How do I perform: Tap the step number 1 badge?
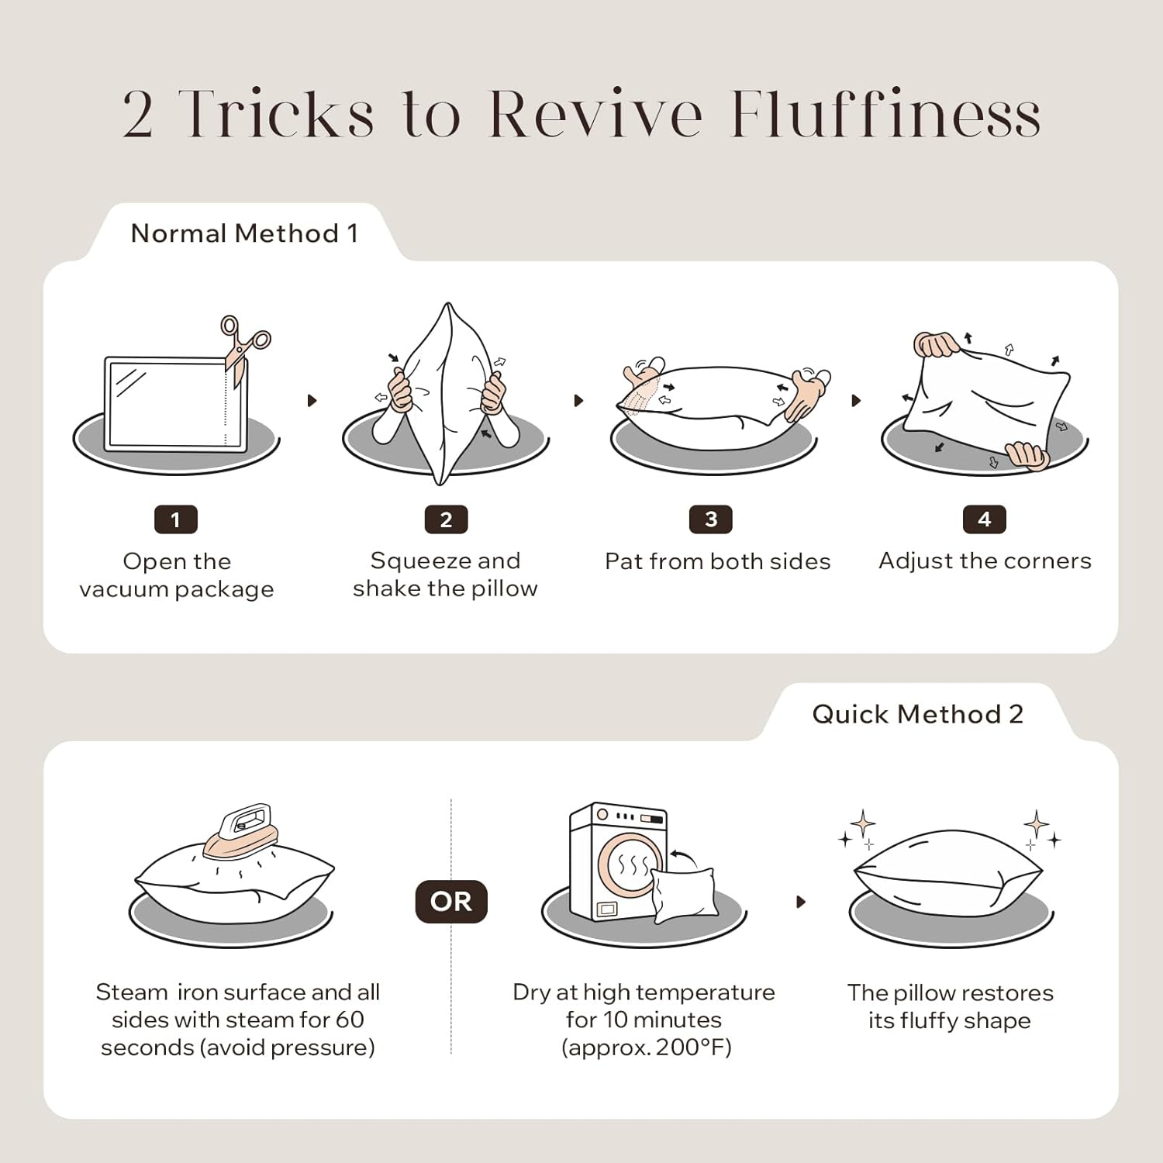[176, 519]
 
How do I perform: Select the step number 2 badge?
[446, 519]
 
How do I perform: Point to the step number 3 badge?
[711, 519]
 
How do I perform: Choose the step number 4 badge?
[984, 519]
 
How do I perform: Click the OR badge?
[451, 902]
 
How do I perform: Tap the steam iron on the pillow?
[240, 830]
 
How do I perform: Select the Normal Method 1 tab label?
[244, 233]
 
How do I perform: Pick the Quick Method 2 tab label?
[918, 714]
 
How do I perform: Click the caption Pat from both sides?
[717, 561]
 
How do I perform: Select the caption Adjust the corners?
[985, 561]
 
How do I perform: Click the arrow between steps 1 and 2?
[312, 401]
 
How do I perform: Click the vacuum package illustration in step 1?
[176, 404]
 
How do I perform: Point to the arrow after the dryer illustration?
[801, 902]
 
